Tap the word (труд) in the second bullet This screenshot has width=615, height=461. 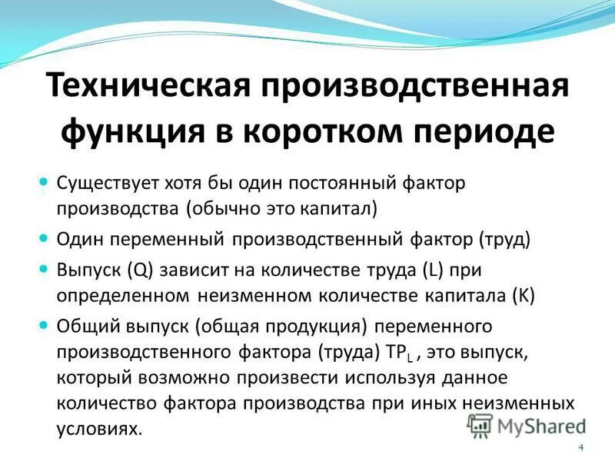tap(504, 238)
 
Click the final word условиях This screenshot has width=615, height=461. tap(99, 427)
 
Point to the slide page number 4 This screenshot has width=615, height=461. tap(580, 448)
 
